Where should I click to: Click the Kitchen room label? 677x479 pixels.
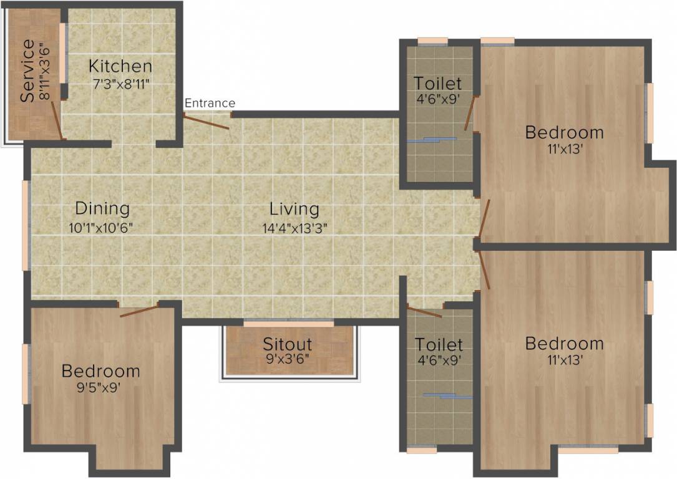tap(120, 65)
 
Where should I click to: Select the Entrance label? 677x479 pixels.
tap(210, 103)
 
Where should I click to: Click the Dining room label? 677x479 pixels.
tap(102, 208)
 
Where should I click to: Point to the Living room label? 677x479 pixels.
tap(294, 208)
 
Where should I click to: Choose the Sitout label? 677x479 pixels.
tap(287, 344)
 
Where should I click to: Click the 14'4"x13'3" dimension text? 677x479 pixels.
tap(295, 227)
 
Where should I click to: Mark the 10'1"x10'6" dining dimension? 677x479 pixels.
tap(101, 227)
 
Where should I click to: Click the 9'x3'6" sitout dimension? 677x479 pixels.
tap(288, 359)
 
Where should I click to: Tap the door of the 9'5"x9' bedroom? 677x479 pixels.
tap(140, 310)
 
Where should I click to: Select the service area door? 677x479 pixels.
tap(56, 120)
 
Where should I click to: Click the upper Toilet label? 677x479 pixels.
tap(438, 83)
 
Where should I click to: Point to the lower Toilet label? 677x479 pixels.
tap(439, 344)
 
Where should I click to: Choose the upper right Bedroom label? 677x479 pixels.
tap(564, 132)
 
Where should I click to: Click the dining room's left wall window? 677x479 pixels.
tap(26, 225)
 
